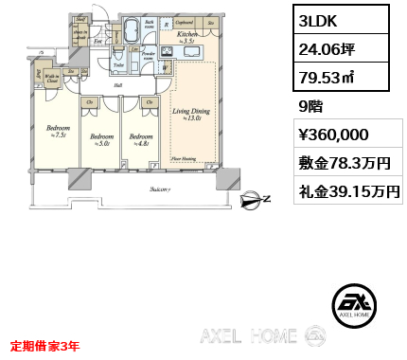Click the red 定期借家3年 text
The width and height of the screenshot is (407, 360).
(x=44, y=345)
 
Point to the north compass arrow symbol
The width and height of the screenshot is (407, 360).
(x=253, y=199)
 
